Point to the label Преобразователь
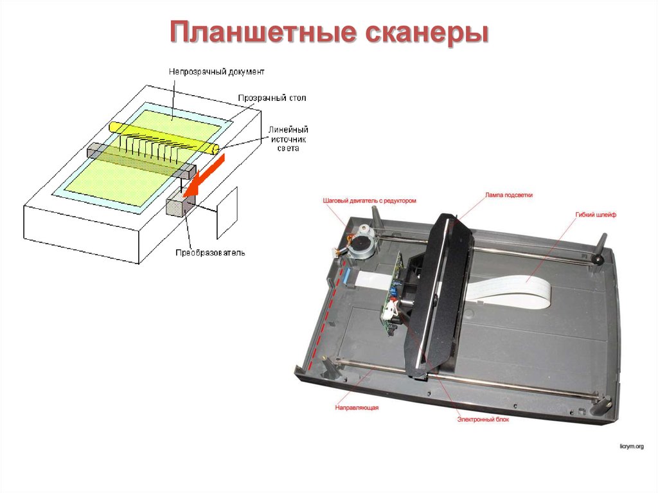point(210,253)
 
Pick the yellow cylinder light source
point(164,136)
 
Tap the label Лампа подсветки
point(508,194)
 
